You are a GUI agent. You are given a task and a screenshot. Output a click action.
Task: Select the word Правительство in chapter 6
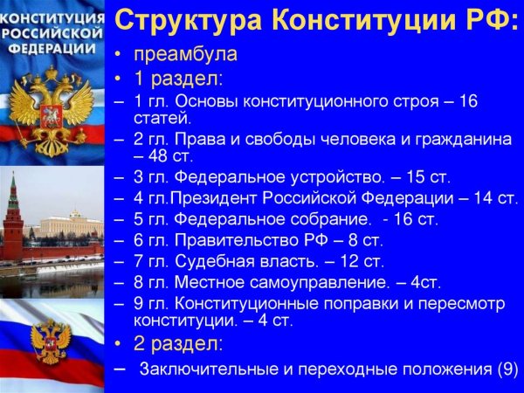235,238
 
